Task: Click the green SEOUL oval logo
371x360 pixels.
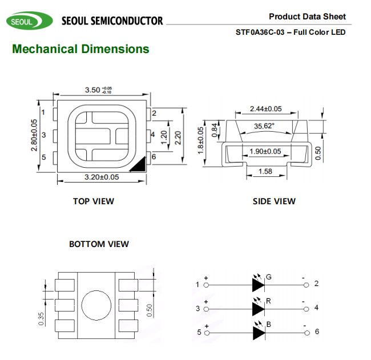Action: (23, 22)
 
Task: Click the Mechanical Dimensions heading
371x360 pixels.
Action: (80, 49)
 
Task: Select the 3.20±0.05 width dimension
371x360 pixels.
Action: (102, 177)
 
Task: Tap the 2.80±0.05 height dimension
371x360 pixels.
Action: (34, 135)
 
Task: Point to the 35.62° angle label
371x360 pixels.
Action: (264, 126)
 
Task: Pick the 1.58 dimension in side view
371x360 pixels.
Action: (265, 171)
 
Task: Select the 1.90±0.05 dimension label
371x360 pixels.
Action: (265, 151)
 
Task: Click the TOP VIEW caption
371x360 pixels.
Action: (93, 201)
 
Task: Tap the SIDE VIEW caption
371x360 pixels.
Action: (274, 201)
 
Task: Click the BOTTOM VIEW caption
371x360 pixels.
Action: (99, 244)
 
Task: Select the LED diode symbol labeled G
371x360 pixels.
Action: (257, 283)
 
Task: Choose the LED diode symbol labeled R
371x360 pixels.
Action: (257, 308)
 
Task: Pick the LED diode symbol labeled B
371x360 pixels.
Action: (257, 331)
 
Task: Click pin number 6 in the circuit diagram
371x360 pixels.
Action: (316, 331)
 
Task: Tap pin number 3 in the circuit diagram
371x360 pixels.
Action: (197, 309)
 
